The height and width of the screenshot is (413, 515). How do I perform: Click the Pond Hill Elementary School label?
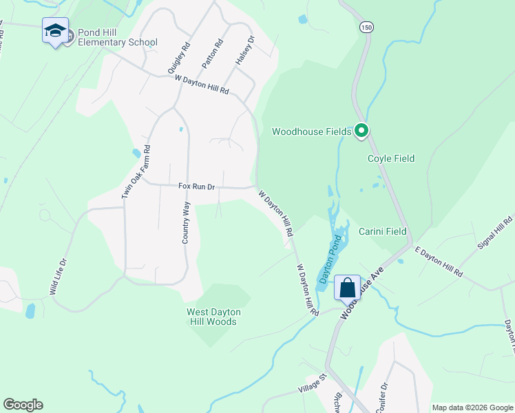118,37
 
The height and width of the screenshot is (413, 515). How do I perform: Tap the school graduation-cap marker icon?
55,31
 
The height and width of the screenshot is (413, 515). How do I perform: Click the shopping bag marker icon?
347,288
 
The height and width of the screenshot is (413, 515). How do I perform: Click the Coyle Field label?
391,158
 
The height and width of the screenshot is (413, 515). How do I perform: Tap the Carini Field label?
382,231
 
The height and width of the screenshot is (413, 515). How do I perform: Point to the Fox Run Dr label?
197,187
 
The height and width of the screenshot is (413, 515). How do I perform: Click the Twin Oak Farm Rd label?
136,173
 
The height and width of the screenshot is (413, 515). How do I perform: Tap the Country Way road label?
185,222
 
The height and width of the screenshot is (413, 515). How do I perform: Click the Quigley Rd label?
178,60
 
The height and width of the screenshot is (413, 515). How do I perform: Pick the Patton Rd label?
212,54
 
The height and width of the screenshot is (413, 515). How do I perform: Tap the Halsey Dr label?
244,50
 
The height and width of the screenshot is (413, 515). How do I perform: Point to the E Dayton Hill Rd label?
438,262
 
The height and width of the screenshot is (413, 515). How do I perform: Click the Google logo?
23,405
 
